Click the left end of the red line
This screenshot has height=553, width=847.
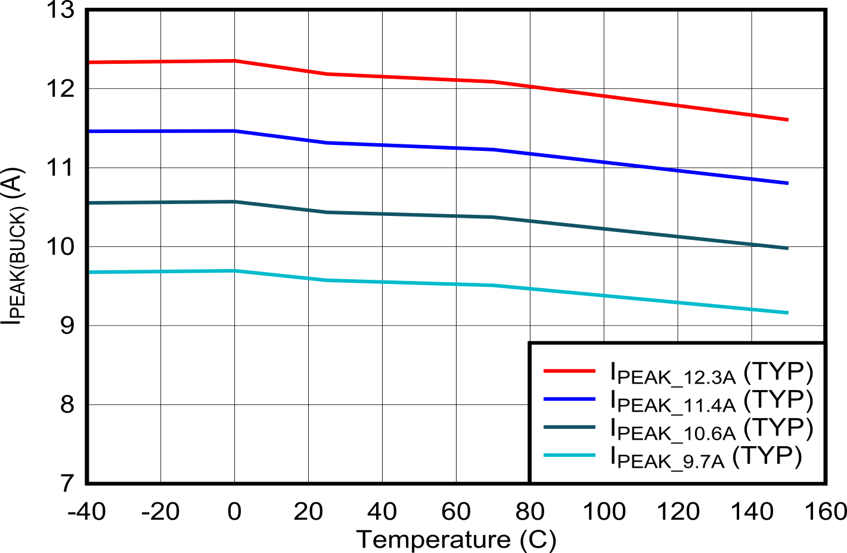coord(90,62)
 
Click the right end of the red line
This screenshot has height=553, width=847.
coord(788,119)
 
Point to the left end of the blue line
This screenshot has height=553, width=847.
coord(90,131)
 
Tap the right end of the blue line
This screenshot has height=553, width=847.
coord(788,183)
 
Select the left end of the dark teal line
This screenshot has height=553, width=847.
coord(90,203)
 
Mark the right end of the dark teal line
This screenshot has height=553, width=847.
coord(788,248)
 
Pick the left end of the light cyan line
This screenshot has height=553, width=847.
coord(90,272)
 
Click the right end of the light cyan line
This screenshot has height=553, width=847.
coord(788,313)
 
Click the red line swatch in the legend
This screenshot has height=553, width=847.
coord(569,371)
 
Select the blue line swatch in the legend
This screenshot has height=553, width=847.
coord(569,399)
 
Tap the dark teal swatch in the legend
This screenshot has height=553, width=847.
coord(569,427)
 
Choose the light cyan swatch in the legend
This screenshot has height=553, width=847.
coord(569,456)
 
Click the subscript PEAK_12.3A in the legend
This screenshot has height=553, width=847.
coord(676,378)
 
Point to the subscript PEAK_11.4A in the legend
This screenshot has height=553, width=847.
coord(676,406)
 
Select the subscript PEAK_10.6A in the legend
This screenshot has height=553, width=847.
coord(676,434)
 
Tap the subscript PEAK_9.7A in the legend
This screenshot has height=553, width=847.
coord(670,462)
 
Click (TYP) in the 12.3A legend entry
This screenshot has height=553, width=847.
coord(778,371)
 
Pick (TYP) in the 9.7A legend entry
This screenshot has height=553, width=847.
coord(767,456)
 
